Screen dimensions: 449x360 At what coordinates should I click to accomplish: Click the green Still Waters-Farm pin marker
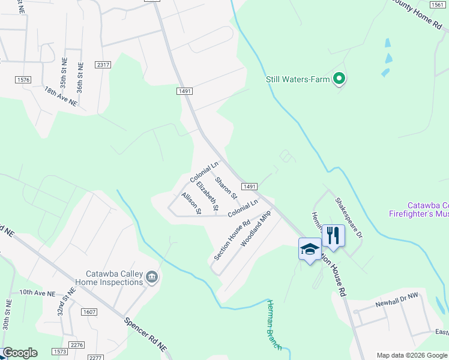[x=339, y=79]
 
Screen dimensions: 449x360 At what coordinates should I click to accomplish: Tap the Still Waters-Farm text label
[x=298, y=79]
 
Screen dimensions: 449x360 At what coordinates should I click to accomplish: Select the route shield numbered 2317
[x=103, y=65]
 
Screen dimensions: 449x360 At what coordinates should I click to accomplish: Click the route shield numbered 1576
[x=23, y=79]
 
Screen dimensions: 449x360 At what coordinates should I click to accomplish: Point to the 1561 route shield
[x=438, y=4]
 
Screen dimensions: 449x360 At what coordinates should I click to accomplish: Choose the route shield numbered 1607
[x=89, y=312]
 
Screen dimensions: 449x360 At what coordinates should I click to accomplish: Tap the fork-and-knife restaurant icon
[x=333, y=235]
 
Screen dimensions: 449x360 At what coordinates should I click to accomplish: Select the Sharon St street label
[x=226, y=188]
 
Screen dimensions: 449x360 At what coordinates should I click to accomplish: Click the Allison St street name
[x=191, y=203]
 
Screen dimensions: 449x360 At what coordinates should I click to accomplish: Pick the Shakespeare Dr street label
[x=349, y=218]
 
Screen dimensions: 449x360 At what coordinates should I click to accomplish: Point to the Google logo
[x=19, y=353]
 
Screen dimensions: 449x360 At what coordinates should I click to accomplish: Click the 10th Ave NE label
[x=37, y=293]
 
